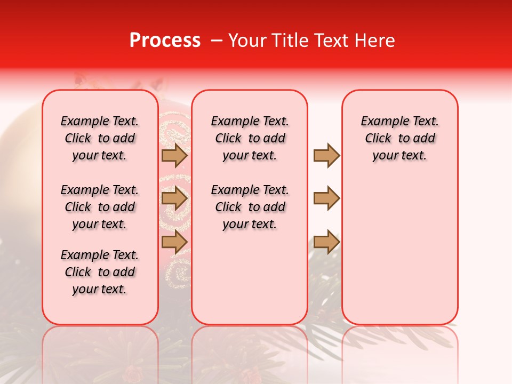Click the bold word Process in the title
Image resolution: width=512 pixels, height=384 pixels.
(165, 41)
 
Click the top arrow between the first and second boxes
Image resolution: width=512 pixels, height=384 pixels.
(174, 155)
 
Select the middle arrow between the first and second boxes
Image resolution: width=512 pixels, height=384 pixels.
(174, 199)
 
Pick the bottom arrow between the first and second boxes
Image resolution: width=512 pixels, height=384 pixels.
(174, 242)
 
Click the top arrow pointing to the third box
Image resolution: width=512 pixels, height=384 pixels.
(326, 155)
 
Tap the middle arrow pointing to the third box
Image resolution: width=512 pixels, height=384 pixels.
(326, 199)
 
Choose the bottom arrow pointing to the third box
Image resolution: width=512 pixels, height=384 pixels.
(326, 242)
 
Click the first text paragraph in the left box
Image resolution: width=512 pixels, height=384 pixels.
(100, 138)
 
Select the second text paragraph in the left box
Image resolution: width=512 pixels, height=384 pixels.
(100, 207)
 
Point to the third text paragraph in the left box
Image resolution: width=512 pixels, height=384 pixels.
(100, 272)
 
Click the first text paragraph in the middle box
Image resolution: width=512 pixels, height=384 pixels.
(250, 138)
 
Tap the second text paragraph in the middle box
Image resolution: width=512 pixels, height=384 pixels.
(250, 207)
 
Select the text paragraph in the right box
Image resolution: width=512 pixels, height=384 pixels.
(400, 138)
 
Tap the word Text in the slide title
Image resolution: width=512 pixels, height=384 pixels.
(332, 41)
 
